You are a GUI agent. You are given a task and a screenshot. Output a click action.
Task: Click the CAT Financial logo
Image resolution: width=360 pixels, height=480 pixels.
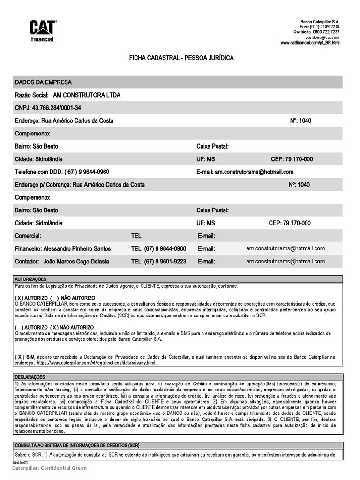[43, 31]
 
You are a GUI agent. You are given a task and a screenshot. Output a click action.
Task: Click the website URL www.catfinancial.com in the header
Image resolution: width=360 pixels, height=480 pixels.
[310, 43]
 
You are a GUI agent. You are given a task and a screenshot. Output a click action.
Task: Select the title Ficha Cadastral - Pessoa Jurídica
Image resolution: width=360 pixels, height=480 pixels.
[181, 58]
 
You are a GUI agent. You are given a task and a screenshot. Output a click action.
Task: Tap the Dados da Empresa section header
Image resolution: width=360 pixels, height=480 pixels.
[44, 82]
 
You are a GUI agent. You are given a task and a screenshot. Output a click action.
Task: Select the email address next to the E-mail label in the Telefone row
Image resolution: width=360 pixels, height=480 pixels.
[254, 172]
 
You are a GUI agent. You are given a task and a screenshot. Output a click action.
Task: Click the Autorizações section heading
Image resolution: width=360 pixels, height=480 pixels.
[31, 278]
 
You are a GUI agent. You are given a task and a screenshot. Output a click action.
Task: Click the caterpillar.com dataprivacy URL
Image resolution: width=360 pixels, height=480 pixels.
[96, 363]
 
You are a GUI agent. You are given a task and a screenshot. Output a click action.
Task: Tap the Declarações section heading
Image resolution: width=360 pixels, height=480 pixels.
[30, 376]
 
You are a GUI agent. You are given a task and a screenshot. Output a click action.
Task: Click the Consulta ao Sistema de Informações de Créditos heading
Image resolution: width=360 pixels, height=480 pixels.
[77, 445]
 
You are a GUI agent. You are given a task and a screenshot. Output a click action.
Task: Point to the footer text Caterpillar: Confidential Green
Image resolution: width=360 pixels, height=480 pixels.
[49, 468]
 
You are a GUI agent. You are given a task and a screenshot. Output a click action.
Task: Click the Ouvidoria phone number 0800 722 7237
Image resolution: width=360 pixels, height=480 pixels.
[326, 32]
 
